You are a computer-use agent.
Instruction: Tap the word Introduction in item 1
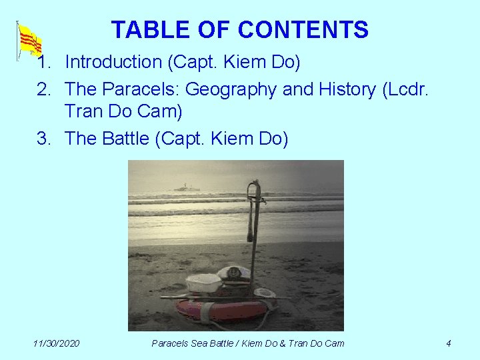(x=113, y=62)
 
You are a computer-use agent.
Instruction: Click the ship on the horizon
(x=187, y=187)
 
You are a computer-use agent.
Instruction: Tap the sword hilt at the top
(x=255, y=189)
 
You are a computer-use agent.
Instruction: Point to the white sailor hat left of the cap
(x=203, y=282)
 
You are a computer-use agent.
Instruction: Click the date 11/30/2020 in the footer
(x=56, y=343)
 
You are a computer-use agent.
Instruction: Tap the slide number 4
(x=448, y=343)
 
